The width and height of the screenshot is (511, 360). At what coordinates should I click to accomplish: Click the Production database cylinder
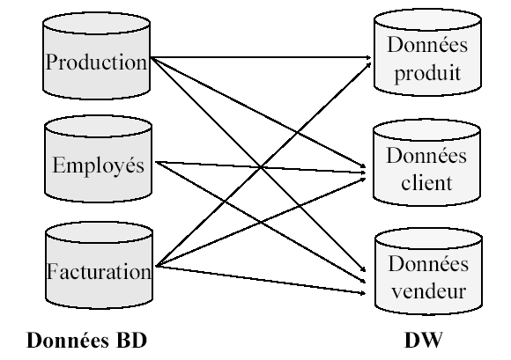pyautogui.click(x=96, y=55)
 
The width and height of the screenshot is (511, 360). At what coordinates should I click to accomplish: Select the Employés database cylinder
pyautogui.click(x=98, y=159)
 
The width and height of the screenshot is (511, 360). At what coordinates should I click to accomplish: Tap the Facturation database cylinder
pyautogui.click(x=99, y=265)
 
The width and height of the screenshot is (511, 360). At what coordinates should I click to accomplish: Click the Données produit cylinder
pyautogui.click(x=427, y=53)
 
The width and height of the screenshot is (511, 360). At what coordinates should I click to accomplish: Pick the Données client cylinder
pyautogui.click(x=426, y=163)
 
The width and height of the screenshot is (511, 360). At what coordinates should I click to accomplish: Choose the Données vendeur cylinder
pyautogui.click(x=428, y=271)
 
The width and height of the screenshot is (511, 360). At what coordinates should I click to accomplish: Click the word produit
pyautogui.click(x=427, y=74)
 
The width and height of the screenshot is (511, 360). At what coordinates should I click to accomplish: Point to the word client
pyautogui.click(x=426, y=183)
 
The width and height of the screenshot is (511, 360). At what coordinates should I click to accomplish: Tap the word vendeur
pyautogui.click(x=428, y=290)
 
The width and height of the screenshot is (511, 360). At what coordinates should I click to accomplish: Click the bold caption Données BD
pyautogui.click(x=86, y=341)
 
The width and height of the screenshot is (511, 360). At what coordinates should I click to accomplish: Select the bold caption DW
pyautogui.click(x=424, y=341)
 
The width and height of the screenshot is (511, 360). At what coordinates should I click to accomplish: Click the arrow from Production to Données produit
pyautogui.click(x=261, y=57)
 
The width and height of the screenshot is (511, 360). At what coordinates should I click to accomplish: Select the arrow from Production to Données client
pyautogui.click(x=258, y=113)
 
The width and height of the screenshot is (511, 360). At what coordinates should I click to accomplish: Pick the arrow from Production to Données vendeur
pyautogui.click(x=258, y=165)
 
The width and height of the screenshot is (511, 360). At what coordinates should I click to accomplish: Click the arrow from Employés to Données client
pyautogui.click(x=261, y=167)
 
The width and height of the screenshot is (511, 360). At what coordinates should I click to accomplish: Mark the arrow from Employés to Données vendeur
pyautogui.click(x=261, y=222)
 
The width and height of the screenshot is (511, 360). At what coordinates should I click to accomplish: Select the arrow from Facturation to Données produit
pyautogui.click(x=263, y=165)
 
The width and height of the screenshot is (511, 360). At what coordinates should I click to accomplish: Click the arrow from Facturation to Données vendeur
pyautogui.click(x=261, y=280)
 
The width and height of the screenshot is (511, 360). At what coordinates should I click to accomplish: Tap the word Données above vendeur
pyautogui.click(x=428, y=263)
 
